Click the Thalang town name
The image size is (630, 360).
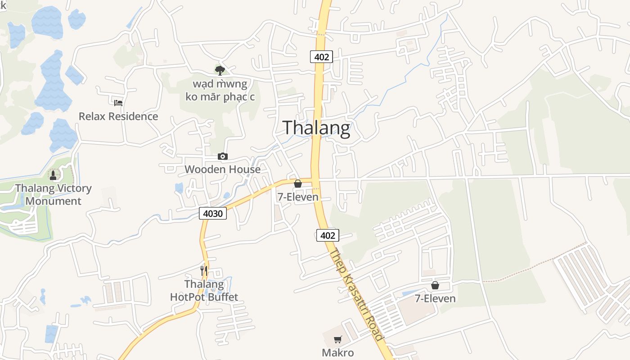click(x=316, y=128)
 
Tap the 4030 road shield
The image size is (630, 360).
click(x=213, y=213)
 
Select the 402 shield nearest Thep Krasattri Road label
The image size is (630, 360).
click(x=328, y=235)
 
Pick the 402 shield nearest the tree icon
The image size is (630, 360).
click(x=321, y=57)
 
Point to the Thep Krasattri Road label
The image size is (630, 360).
click(x=356, y=295)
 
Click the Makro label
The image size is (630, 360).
click(x=337, y=352)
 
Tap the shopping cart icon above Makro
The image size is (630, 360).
click(x=337, y=340)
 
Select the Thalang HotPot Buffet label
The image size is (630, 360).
click(x=204, y=290)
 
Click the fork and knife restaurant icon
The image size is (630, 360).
click(x=204, y=270)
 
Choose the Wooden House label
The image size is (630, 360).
click(x=222, y=169)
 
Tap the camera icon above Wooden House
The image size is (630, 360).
click(x=222, y=156)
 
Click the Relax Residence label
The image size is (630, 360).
click(x=118, y=116)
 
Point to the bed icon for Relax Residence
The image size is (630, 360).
click(x=118, y=103)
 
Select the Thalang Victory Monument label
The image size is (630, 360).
click(x=54, y=194)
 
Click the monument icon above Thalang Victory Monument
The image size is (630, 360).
click(x=53, y=175)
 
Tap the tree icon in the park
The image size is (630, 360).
click(x=220, y=70)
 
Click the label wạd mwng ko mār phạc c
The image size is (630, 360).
click(x=220, y=90)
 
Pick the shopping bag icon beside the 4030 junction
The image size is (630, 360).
click(x=297, y=184)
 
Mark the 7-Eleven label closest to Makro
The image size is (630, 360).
click(x=435, y=298)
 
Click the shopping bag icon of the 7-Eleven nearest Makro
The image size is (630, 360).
click(x=435, y=285)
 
